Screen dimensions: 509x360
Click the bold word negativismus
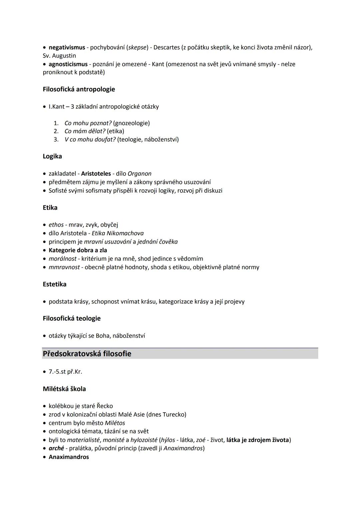click(x=67, y=47)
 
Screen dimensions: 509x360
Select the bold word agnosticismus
click(x=68, y=64)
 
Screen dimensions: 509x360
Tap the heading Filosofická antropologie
click(x=79, y=89)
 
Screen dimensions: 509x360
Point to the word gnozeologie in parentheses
click(x=131, y=123)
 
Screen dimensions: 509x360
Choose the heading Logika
click(x=52, y=156)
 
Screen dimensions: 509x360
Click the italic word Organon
click(x=139, y=174)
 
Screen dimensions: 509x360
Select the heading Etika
click(x=50, y=207)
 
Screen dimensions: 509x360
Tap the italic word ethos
click(x=56, y=225)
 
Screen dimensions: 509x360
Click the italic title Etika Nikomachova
click(x=117, y=233)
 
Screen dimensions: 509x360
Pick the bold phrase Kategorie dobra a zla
click(x=78, y=250)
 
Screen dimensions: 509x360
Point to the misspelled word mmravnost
click(x=64, y=267)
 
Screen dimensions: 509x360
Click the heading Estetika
click(x=54, y=284)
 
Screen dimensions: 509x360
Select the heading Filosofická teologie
click(x=72, y=318)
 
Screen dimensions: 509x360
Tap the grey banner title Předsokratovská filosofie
click(x=87, y=354)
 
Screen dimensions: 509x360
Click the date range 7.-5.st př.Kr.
click(x=65, y=372)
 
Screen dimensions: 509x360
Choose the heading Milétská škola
click(x=64, y=389)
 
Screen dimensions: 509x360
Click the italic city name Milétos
click(x=115, y=423)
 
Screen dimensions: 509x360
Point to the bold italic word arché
click(x=56, y=448)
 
